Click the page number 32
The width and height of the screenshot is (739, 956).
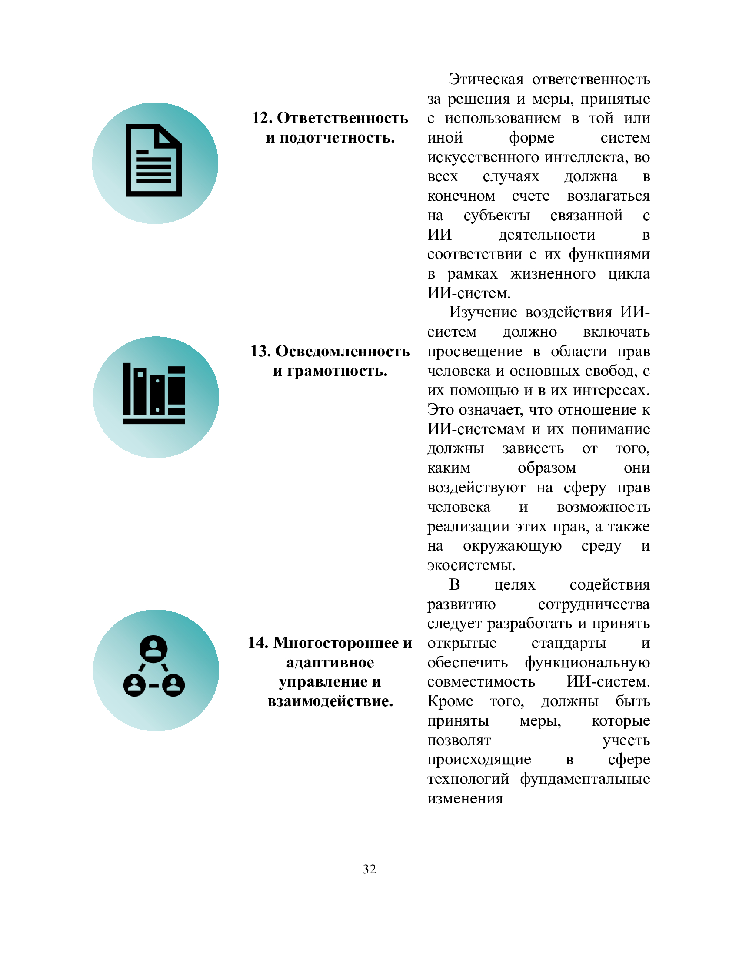[369, 869]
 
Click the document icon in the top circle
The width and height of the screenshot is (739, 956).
[153, 160]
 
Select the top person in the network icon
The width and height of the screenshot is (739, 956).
[153, 648]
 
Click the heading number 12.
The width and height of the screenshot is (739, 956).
[262, 118]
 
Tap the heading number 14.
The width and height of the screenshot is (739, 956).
[258, 643]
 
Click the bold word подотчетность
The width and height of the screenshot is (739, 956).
[337, 138]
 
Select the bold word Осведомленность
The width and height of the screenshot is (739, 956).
[343, 352]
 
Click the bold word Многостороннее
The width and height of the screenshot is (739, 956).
[336, 643]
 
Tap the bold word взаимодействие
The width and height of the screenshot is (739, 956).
[330, 701]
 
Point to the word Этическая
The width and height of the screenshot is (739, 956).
[486, 80]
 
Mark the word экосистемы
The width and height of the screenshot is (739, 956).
[471, 565]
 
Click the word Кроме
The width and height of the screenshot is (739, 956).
[450, 701]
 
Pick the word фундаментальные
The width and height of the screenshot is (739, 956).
[585, 779]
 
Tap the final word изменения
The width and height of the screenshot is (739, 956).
[465, 798]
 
